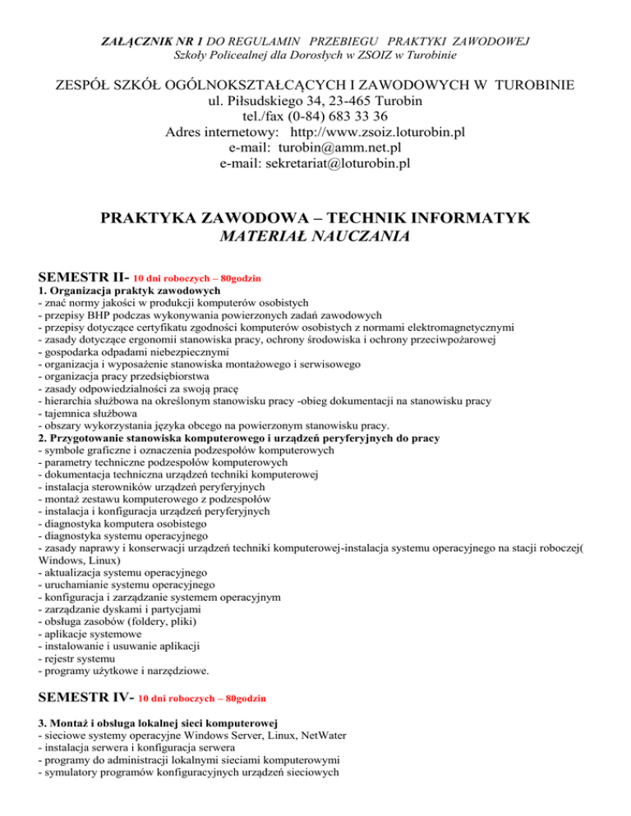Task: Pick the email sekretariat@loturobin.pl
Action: click(x=334, y=164)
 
